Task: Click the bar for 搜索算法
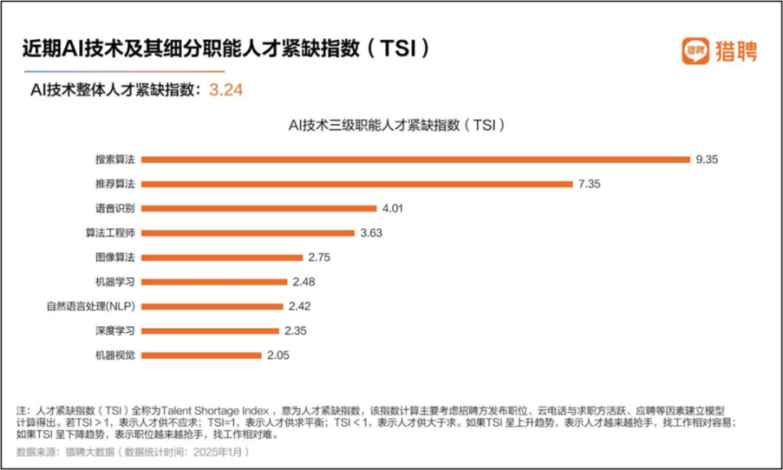click(x=416, y=159)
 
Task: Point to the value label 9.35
click(x=706, y=159)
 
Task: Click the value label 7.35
click(x=589, y=184)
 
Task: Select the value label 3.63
click(x=371, y=233)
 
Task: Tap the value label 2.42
click(x=299, y=306)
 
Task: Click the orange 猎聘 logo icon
click(x=695, y=50)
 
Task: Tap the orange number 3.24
click(x=226, y=90)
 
